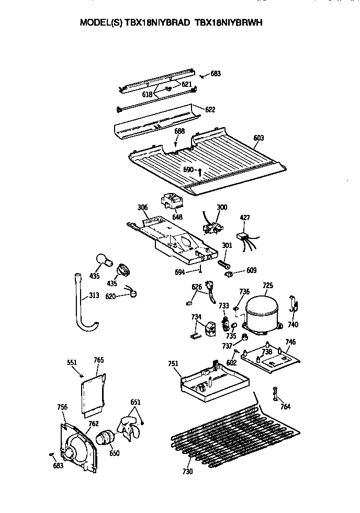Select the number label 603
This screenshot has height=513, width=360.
pyautogui.click(x=258, y=138)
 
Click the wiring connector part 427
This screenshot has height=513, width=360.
pyautogui.click(x=244, y=237)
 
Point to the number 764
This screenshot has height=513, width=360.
pyautogui.click(x=285, y=406)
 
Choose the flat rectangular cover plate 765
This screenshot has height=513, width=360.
pyautogui.click(x=93, y=391)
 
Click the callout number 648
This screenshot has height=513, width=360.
pyautogui.click(x=177, y=216)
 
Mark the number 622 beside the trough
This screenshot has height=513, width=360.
pyautogui.click(x=210, y=110)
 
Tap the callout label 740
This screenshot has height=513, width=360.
pyautogui.click(x=293, y=324)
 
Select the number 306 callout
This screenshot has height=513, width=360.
pyautogui.click(x=142, y=208)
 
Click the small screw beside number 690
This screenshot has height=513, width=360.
pyautogui.click(x=200, y=170)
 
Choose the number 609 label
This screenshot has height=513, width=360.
pyautogui.click(x=251, y=270)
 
